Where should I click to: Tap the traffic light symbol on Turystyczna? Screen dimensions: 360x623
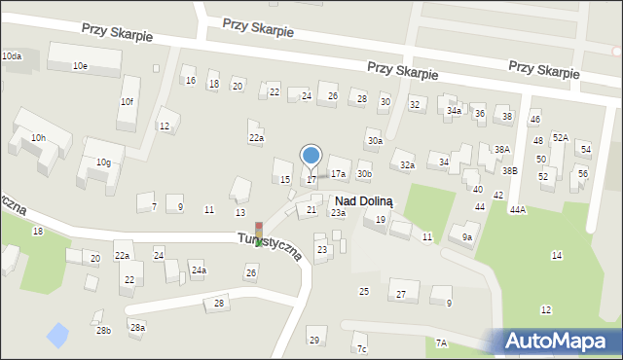tap(258, 234)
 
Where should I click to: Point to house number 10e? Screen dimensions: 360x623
tap(80, 65)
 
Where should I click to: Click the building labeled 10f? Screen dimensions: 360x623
tap(127, 101)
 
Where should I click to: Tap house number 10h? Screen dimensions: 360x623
tap(38, 138)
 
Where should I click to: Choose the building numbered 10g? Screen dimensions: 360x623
tap(102, 162)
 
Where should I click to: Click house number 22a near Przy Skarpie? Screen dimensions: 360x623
tap(255, 138)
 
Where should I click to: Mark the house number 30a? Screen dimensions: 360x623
tap(374, 141)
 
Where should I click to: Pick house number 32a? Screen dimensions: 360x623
tap(407, 165)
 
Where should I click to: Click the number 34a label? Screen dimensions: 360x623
tap(454, 111)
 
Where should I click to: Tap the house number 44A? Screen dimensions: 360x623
tap(517, 209)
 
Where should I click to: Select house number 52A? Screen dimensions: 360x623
tap(560, 138)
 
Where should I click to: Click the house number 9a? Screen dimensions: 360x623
tap(467, 236)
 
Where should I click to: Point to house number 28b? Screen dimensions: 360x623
tap(103, 331)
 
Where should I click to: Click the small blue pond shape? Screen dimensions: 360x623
tap(58, 336)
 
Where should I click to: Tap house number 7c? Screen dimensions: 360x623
tap(361, 349)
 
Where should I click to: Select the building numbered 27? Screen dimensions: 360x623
tap(400, 294)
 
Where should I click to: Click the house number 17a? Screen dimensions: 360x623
tap(338, 174)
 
